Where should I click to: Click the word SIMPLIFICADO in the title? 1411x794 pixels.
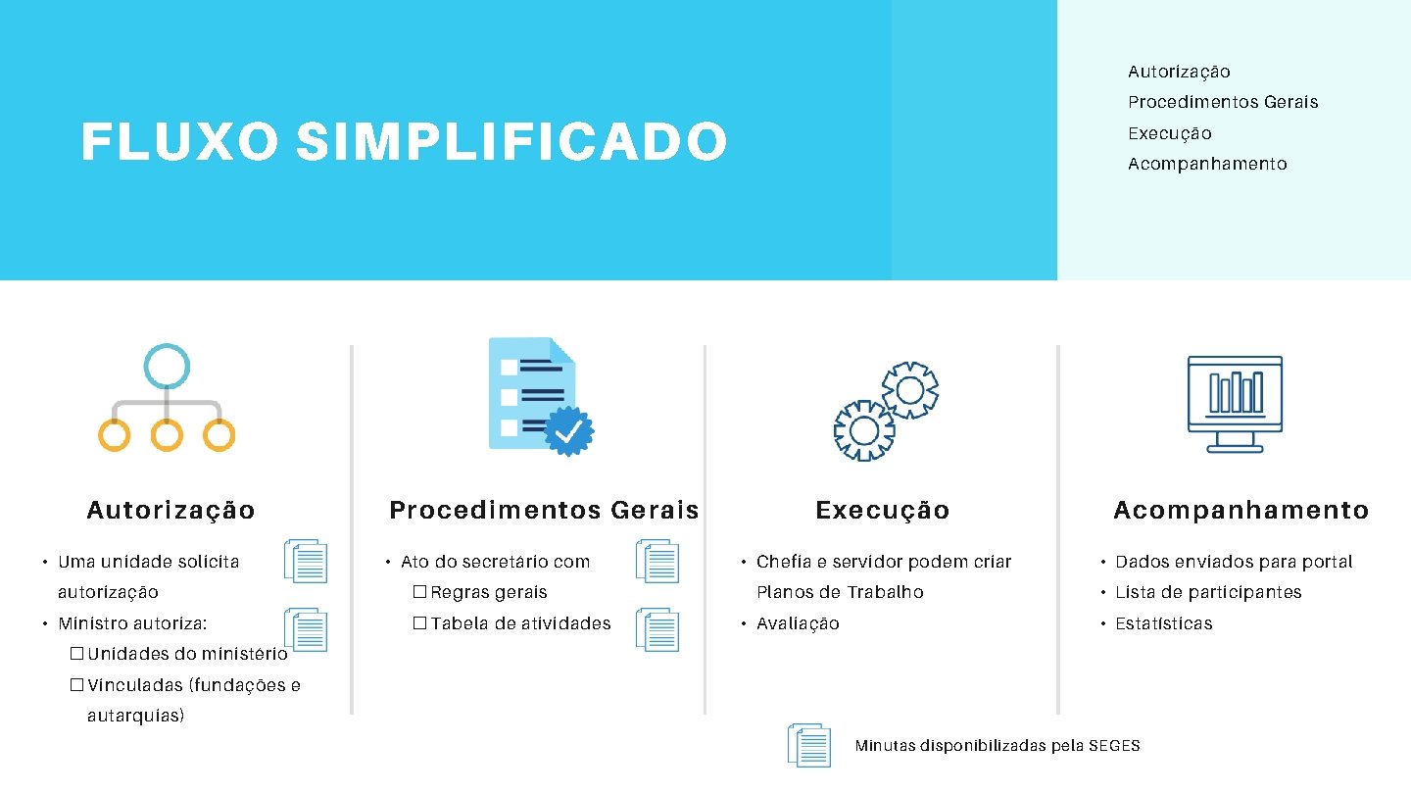point(511,142)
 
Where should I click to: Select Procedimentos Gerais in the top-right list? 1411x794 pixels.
point(1223,102)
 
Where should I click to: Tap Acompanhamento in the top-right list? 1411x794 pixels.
point(1207,164)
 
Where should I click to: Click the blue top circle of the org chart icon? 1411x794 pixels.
point(167,367)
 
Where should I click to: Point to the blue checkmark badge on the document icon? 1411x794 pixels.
point(568,431)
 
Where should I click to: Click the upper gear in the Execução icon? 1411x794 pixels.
point(910,390)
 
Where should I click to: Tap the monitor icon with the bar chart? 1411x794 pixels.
point(1235,403)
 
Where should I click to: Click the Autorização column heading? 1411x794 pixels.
point(170,510)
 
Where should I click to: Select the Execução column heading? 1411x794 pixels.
point(882,510)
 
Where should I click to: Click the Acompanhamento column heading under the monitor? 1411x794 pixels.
point(1241,510)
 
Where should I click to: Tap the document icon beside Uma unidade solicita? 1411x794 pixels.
point(306,562)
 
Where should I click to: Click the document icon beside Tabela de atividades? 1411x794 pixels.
point(657,629)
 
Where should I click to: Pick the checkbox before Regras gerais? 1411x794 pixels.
point(419,593)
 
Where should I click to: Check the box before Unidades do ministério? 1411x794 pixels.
point(76,654)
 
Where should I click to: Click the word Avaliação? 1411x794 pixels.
point(798,623)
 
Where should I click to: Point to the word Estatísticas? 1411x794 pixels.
point(1163,623)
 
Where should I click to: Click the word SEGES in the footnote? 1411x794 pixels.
point(1114,746)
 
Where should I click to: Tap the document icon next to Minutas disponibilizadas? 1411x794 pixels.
point(810,746)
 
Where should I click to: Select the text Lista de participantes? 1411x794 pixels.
point(1208,592)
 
